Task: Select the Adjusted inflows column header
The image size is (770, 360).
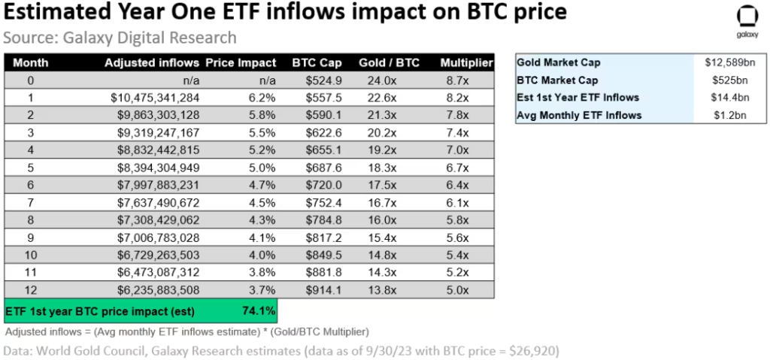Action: [153, 63]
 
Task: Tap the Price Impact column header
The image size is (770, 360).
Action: [241, 63]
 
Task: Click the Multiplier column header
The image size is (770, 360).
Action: [467, 63]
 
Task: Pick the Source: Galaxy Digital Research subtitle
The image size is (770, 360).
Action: [120, 37]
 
